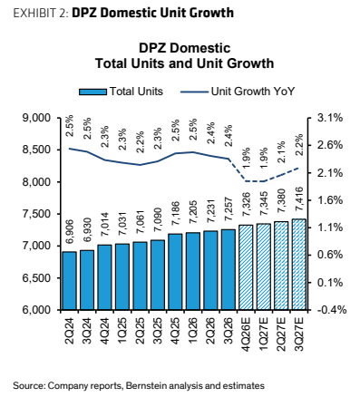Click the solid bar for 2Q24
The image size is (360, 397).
70,280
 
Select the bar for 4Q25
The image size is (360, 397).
175,272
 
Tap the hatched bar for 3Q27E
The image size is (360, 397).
299,264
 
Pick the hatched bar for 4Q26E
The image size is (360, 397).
246,267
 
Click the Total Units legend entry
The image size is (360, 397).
121,92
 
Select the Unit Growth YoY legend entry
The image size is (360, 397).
238,92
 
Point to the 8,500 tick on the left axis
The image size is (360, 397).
36,150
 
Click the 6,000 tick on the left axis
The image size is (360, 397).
36,310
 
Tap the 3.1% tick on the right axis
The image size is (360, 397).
329,118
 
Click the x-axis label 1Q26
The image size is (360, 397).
193,331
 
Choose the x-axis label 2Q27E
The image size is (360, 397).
281,334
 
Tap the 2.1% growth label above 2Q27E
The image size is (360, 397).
281,152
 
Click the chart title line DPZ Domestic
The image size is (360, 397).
185,48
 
